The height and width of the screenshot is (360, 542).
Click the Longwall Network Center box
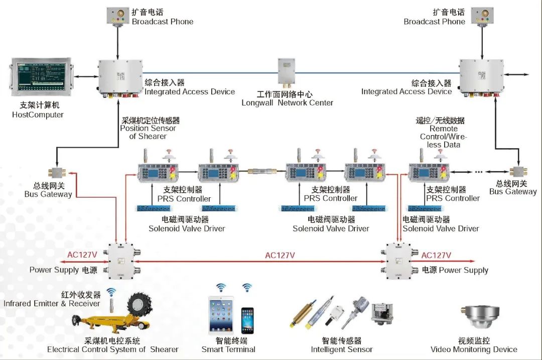click(x=286, y=71)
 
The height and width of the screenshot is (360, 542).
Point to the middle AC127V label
click(x=280, y=255)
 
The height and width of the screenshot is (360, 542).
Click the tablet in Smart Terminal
click(x=221, y=314)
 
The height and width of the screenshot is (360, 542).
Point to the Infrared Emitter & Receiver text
click(x=52, y=303)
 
